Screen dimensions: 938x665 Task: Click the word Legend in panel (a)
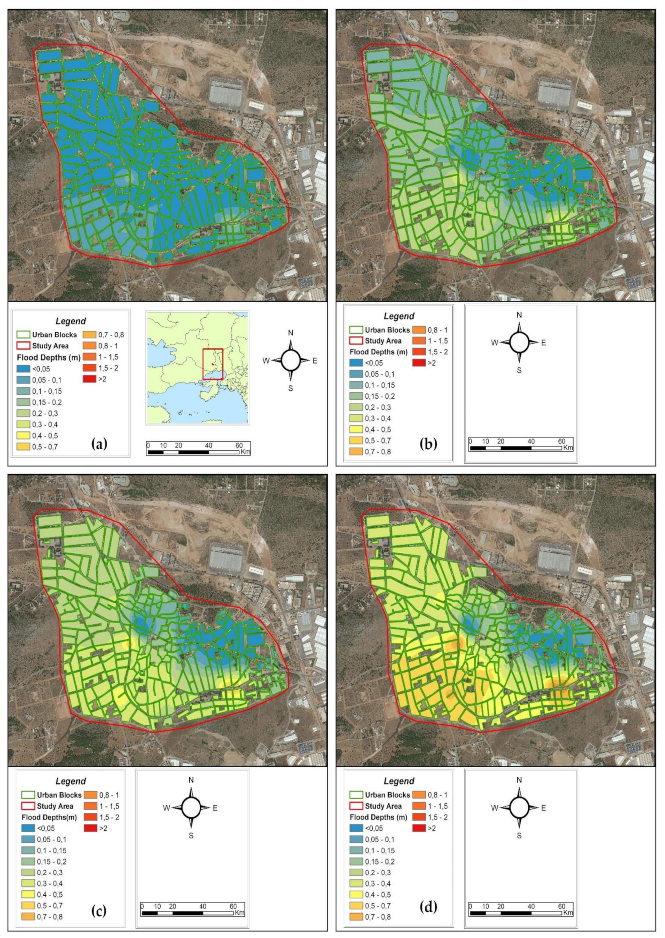click(x=71, y=321)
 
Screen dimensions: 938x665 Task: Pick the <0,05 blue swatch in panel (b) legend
click(x=356, y=363)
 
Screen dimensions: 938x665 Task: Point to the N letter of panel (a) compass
click(x=291, y=333)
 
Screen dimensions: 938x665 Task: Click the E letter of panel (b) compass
click(x=543, y=343)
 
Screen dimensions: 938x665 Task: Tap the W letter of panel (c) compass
click(x=166, y=808)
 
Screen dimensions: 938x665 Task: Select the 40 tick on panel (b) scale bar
click(x=531, y=441)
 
